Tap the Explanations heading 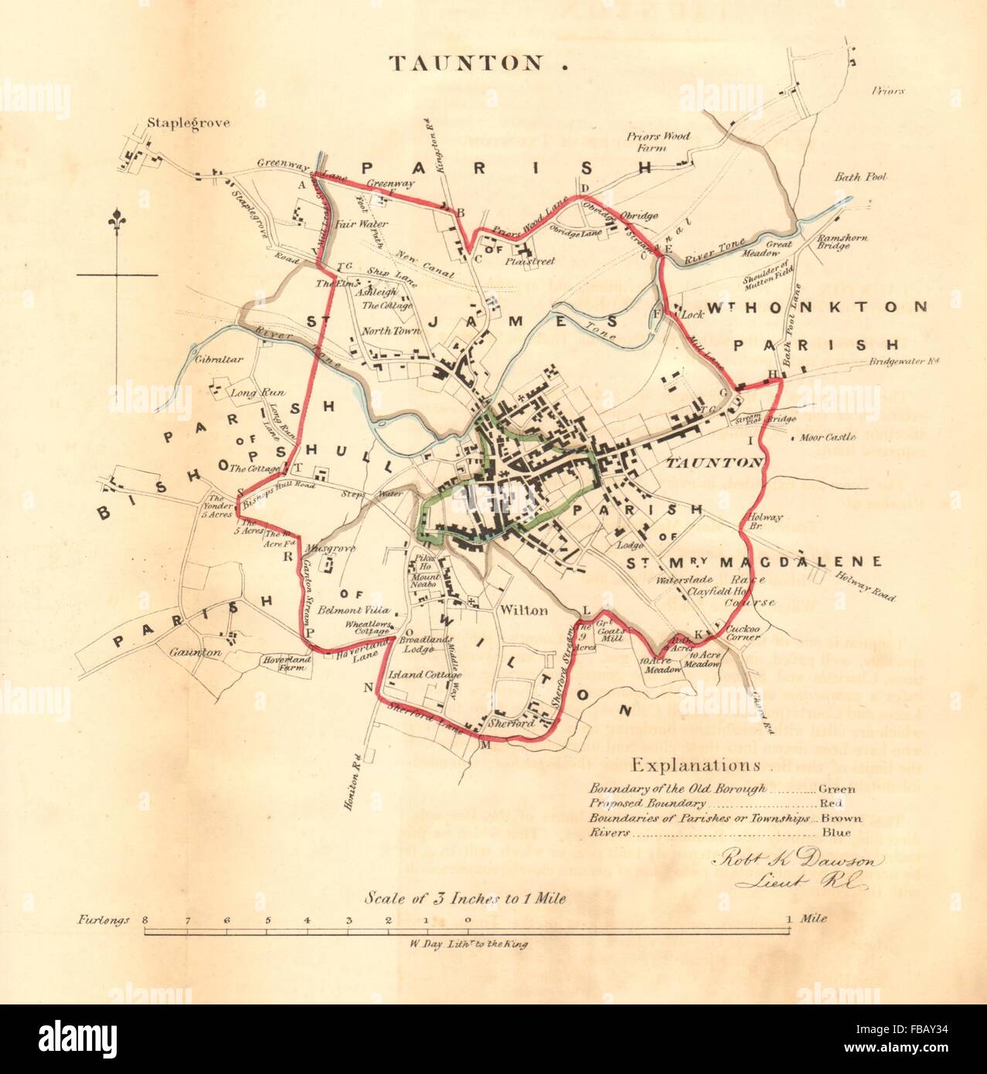pyautogui.click(x=696, y=766)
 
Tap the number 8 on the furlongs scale pyautogui.click(x=145, y=920)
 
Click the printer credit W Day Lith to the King pyautogui.click(x=465, y=943)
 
